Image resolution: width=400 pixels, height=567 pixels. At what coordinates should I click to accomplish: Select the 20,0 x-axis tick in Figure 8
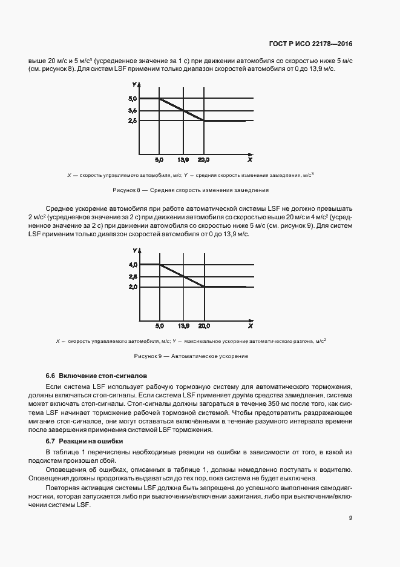[x=203, y=160]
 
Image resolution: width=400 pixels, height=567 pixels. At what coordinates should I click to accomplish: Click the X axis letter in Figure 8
[x=249, y=160]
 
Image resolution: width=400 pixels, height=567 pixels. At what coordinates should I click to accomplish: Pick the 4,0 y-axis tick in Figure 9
[x=133, y=265]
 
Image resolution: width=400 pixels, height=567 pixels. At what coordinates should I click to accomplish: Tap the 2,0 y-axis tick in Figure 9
[x=133, y=287]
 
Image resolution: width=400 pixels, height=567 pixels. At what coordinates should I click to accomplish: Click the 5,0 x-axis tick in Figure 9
[x=159, y=326]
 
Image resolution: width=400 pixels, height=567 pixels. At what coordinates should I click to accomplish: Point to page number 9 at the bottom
[x=350, y=517]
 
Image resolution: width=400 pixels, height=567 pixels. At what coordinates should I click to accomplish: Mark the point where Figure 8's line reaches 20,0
[x=204, y=121]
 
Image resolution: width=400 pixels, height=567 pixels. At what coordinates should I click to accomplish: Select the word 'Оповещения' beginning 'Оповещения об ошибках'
[x=65, y=470]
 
